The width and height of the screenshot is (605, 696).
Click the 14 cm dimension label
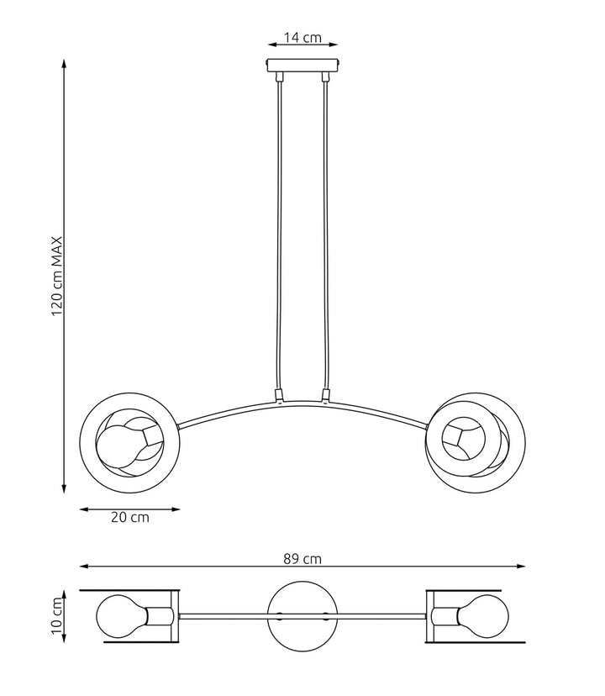302,38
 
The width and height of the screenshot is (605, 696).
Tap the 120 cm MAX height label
57,276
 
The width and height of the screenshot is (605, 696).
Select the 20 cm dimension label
130,518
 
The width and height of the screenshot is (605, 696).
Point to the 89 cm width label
302,559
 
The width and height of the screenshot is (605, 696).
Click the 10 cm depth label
57,615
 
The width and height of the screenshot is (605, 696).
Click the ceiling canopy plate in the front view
303,66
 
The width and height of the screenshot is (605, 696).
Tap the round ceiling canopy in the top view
302,616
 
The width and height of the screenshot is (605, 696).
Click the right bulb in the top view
483,616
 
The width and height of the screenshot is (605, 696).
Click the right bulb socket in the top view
445,616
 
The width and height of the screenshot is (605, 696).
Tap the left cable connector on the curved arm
279,395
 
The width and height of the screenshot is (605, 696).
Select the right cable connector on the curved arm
326,395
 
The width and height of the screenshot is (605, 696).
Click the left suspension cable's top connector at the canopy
279,76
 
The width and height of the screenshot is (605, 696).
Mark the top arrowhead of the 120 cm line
64,64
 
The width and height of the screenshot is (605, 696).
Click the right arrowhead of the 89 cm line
521,567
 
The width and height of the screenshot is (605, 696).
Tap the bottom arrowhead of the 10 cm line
64,638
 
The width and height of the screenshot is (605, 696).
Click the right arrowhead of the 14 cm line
333,45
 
